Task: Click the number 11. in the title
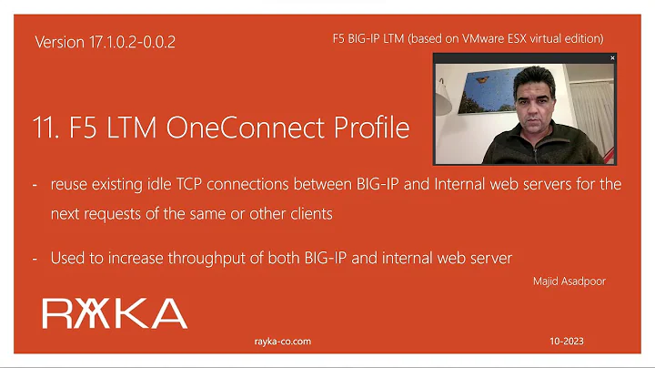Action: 47,128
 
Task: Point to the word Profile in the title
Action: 373,128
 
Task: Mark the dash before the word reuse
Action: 35,185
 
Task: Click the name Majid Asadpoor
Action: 569,281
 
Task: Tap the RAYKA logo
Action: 115,312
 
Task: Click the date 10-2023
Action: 566,342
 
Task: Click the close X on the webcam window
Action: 612,57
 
